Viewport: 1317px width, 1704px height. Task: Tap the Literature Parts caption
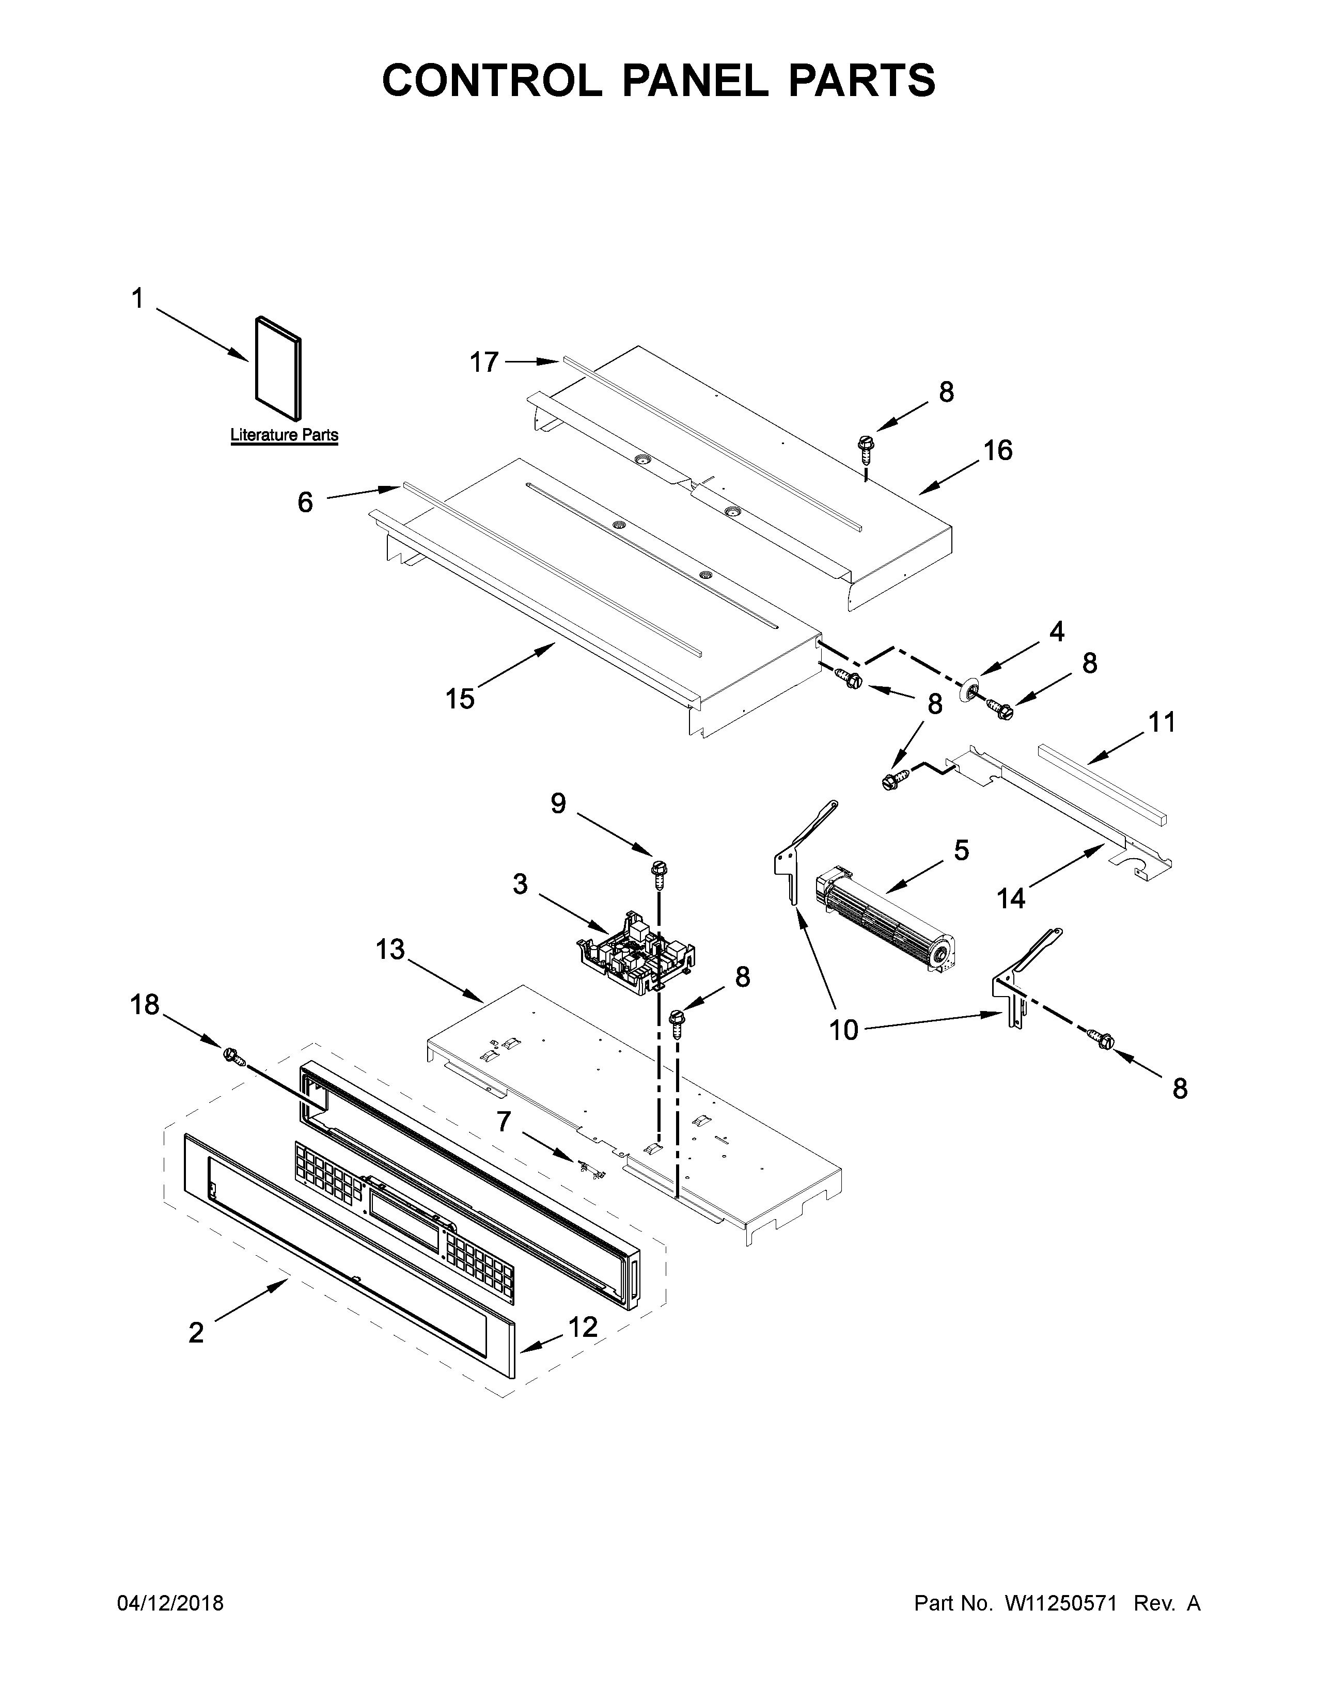pyautogui.click(x=284, y=435)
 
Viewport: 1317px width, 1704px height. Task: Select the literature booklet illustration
pyautogui.click(x=278, y=373)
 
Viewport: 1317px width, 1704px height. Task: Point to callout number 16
pyautogui.click(x=997, y=450)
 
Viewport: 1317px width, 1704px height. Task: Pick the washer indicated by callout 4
pyautogui.click(x=971, y=687)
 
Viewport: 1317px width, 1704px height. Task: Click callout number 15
pyautogui.click(x=460, y=698)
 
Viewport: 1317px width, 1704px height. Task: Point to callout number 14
pyautogui.click(x=1010, y=899)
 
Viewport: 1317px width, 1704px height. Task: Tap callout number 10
pyautogui.click(x=843, y=1030)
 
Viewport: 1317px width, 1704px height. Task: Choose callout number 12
pyautogui.click(x=583, y=1327)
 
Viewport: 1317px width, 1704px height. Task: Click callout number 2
pyautogui.click(x=196, y=1333)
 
